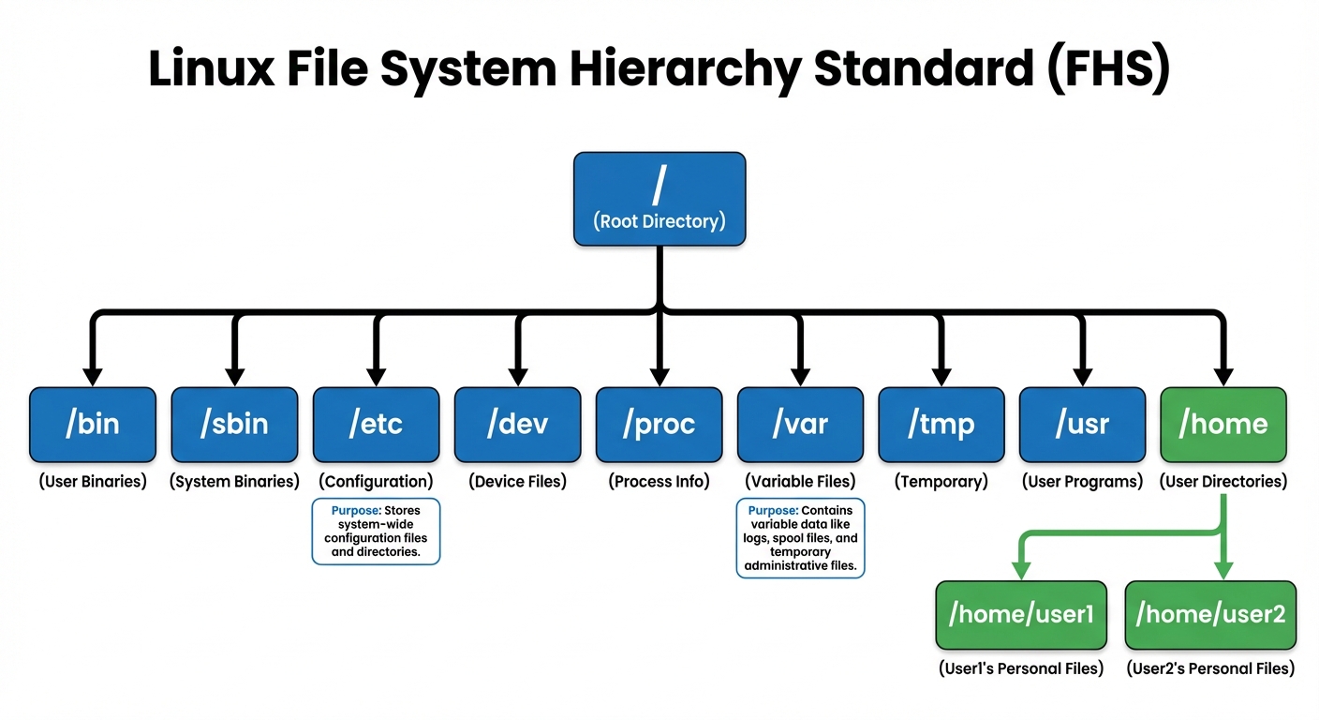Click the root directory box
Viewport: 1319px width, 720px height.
click(x=659, y=199)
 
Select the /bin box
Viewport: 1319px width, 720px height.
click(x=92, y=424)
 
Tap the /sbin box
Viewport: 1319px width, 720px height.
click(x=234, y=424)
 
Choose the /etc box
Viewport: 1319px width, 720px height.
click(x=376, y=424)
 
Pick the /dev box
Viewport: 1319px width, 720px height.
click(x=517, y=424)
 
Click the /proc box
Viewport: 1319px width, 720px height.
click(x=659, y=424)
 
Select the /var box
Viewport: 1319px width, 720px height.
click(x=800, y=424)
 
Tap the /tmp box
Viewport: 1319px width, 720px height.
click(x=941, y=424)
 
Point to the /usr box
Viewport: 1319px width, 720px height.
click(x=1082, y=424)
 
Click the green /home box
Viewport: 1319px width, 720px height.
click(x=1223, y=424)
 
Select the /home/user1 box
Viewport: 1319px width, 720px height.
click(x=1021, y=615)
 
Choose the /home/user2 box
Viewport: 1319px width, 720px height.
click(x=1210, y=615)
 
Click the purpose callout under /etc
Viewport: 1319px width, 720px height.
click(x=376, y=532)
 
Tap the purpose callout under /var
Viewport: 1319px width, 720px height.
click(x=801, y=538)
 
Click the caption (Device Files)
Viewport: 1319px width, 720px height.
click(x=517, y=482)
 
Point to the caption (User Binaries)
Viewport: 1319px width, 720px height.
click(x=92, y=482)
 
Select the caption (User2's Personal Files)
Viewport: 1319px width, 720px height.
click(x=1210, y=668)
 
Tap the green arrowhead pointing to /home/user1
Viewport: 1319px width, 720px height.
click(x=1021, y=569)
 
